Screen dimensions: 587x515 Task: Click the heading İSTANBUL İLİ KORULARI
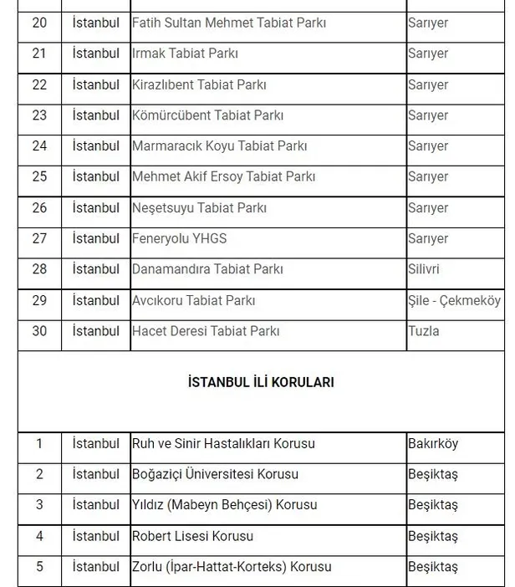[x=261, y=382]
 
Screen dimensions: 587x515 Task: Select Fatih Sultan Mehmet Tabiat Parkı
[x=227, y=23]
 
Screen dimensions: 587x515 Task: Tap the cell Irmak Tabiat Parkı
[x=185, y=54]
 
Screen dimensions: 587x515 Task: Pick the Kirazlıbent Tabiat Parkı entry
[x=196, y=84]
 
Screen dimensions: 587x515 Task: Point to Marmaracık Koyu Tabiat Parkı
[x=219, y=146]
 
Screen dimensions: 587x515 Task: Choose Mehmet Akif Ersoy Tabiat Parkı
[x=223, y=177]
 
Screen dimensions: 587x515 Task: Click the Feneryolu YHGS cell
[x=179, y=238]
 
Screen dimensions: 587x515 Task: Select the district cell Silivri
[x=424, y=269]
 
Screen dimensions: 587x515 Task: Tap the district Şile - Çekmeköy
[x=454, y=300]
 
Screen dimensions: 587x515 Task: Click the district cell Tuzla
[x=423, y=331]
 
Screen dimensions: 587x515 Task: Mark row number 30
[x=39, y=331]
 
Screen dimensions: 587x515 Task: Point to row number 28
[x=39, y=269]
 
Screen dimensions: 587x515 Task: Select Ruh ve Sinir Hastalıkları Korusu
[x=223, y=444]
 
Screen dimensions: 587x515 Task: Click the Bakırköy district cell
[x=433, y=444]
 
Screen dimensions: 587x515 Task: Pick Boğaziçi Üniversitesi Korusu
[x=215, y=475]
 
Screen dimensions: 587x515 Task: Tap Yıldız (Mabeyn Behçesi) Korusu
[x=224, y=506]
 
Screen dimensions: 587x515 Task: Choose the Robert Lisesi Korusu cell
[x=192, y=536]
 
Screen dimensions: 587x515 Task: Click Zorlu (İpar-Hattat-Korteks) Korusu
[x=232, y=567]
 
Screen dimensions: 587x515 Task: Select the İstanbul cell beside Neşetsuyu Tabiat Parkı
[x=96, y=208]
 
